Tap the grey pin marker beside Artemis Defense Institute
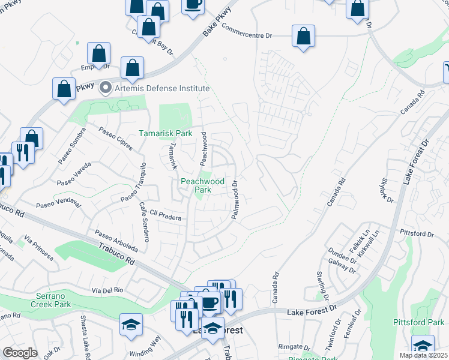tap(106, 88)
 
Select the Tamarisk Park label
tap(166, 133)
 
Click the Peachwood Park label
tap(203, 185)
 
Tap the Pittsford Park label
tap(418, 322)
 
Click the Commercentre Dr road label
tap(247, 36)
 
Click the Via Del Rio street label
tap(108, 290)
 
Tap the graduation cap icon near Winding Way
tap(131, 325)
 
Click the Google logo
tap(20, 352)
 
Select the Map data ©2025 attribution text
tap(423, 355)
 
